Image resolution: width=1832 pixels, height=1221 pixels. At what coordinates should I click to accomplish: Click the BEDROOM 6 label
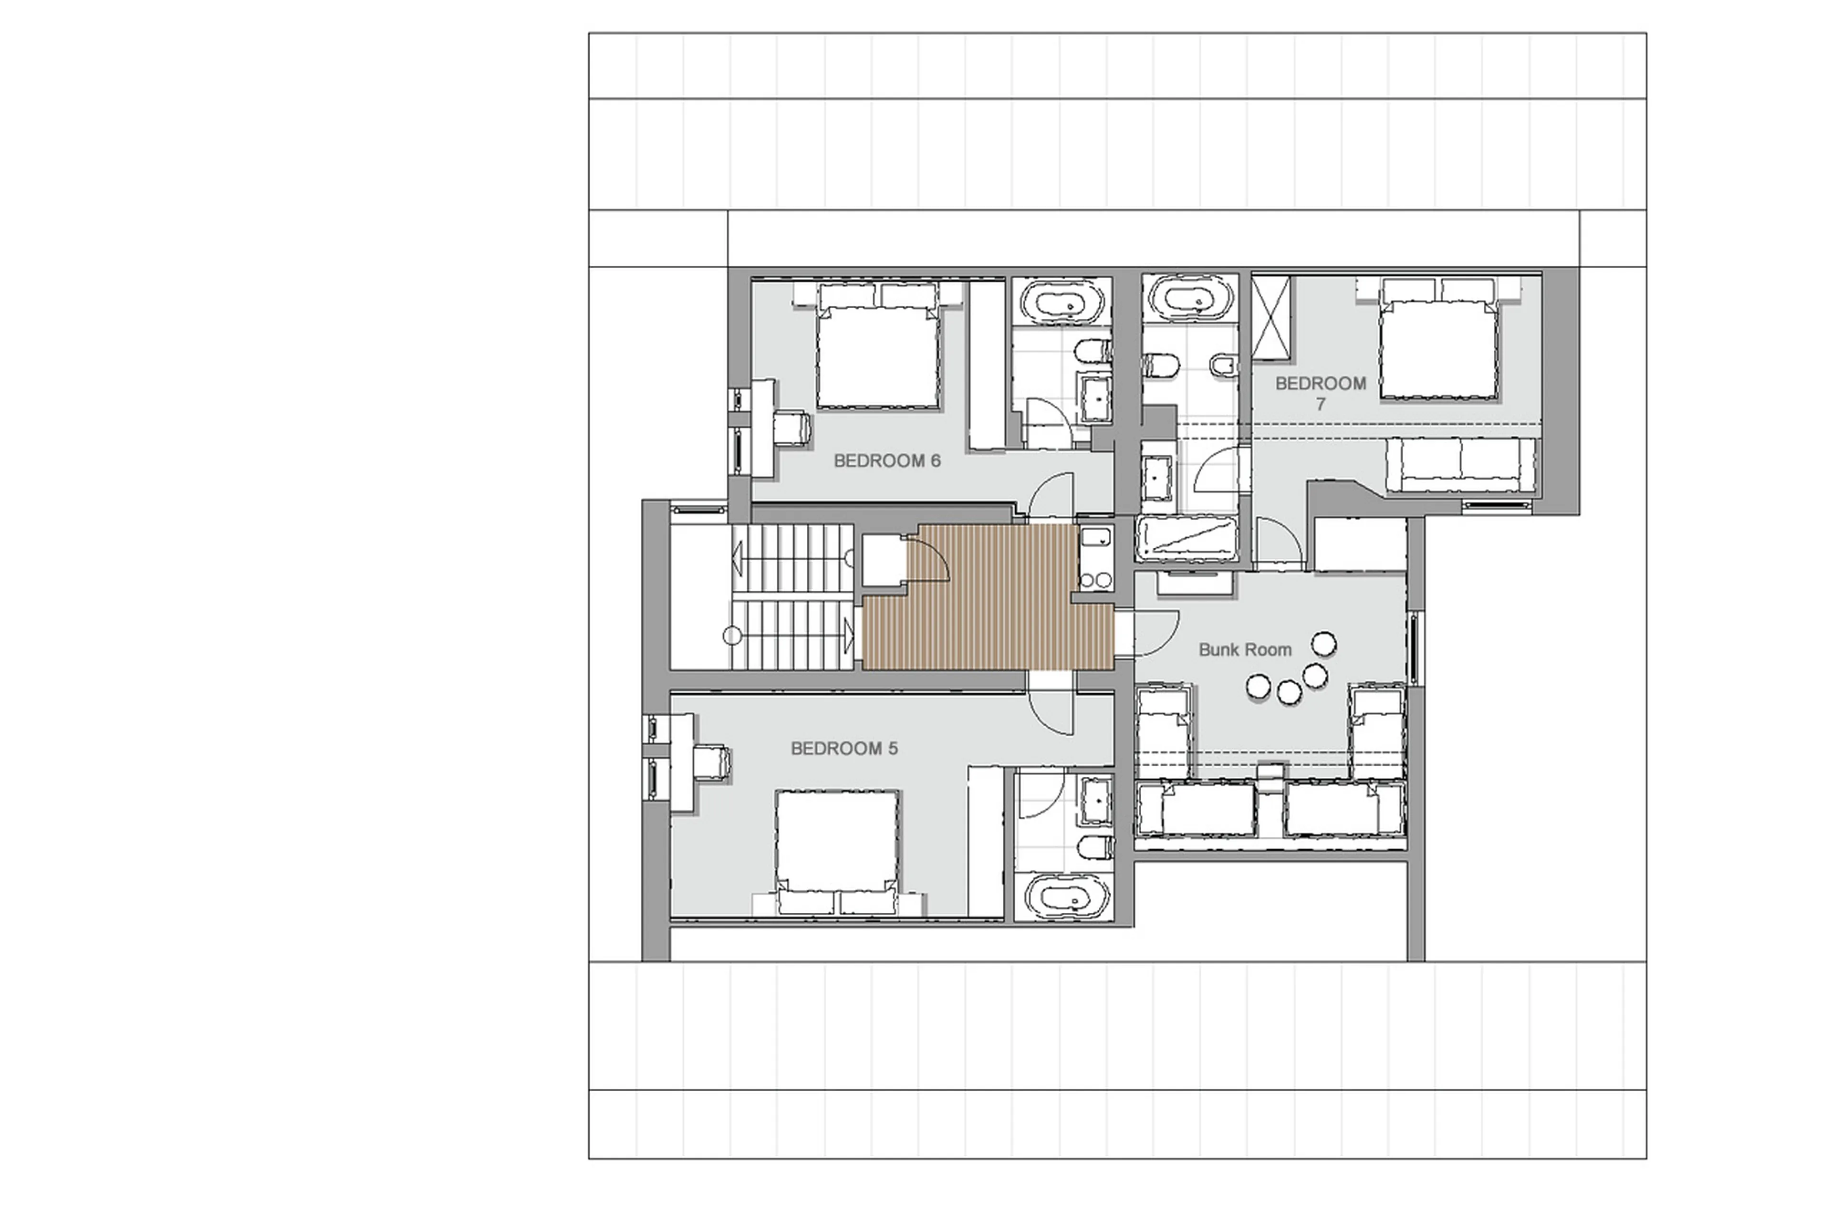(887, 460)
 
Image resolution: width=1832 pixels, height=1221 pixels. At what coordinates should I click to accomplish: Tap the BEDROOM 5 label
(844, 748)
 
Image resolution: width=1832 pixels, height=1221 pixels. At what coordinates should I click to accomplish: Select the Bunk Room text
(1244, 649)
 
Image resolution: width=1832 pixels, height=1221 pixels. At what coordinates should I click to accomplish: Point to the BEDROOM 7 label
(1321, 393)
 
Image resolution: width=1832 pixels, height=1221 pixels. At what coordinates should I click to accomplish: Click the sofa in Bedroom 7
(1461, 465)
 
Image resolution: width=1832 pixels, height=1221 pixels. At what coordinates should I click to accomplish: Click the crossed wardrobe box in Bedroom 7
(1270, 318)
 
